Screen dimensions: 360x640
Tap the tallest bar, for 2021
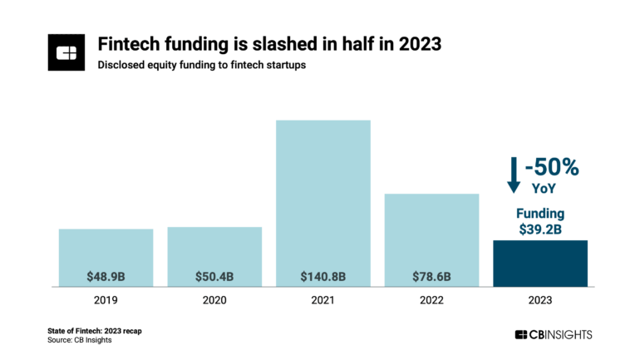tap(322, 200)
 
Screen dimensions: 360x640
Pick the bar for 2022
tap(431, 237)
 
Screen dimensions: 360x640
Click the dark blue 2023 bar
tap(539, 263)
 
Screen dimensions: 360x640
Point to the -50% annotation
tap(551, 167)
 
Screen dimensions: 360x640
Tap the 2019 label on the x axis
tap(106, 299)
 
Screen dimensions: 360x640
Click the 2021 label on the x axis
tap(322, 299)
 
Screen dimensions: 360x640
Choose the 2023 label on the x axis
tap(539, 299)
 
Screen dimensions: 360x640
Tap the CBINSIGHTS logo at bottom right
tap(553, 334)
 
